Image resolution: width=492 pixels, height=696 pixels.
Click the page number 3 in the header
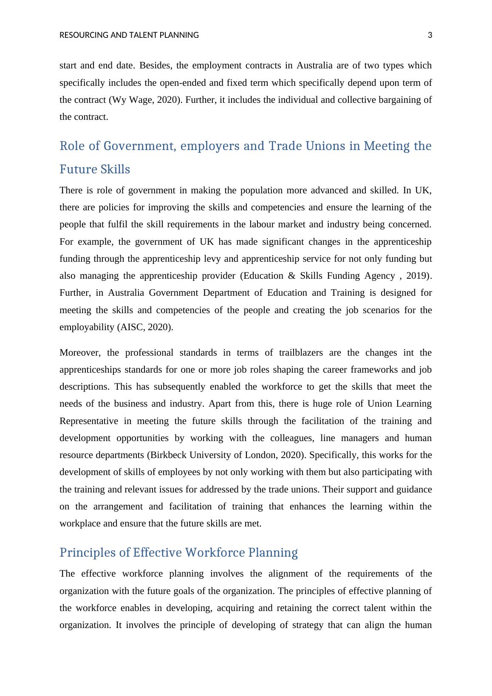tap(430, 35)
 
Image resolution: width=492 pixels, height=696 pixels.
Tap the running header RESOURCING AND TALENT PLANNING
tap(129, 35)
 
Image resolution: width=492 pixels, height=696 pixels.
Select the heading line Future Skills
tap(95, 170)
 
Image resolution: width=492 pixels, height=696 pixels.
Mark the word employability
tap(85, 327)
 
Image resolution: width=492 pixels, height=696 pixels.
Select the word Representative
tap(89, 421)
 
